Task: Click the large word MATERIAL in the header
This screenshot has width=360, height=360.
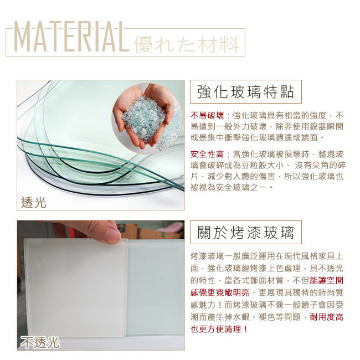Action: (71, 37)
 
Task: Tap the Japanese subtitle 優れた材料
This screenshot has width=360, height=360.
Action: (186, 44)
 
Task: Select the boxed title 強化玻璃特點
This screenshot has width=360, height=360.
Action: (246, 91)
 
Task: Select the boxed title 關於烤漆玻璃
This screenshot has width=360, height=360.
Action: (246, 233)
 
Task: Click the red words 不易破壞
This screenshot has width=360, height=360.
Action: (207, 115)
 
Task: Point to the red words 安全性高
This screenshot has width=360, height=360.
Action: (207, 155)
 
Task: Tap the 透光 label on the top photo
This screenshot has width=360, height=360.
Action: (34, 203)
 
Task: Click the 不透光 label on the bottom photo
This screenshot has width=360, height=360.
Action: (40, 342)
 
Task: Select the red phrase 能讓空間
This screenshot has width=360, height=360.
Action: (326, 280)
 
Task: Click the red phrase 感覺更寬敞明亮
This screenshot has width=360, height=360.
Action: (220, 292)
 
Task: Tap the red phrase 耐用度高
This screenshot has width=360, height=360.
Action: (326, 317)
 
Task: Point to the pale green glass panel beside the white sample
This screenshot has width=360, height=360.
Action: (156, 287)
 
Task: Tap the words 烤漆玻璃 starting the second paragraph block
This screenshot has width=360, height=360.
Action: (207, 256)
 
